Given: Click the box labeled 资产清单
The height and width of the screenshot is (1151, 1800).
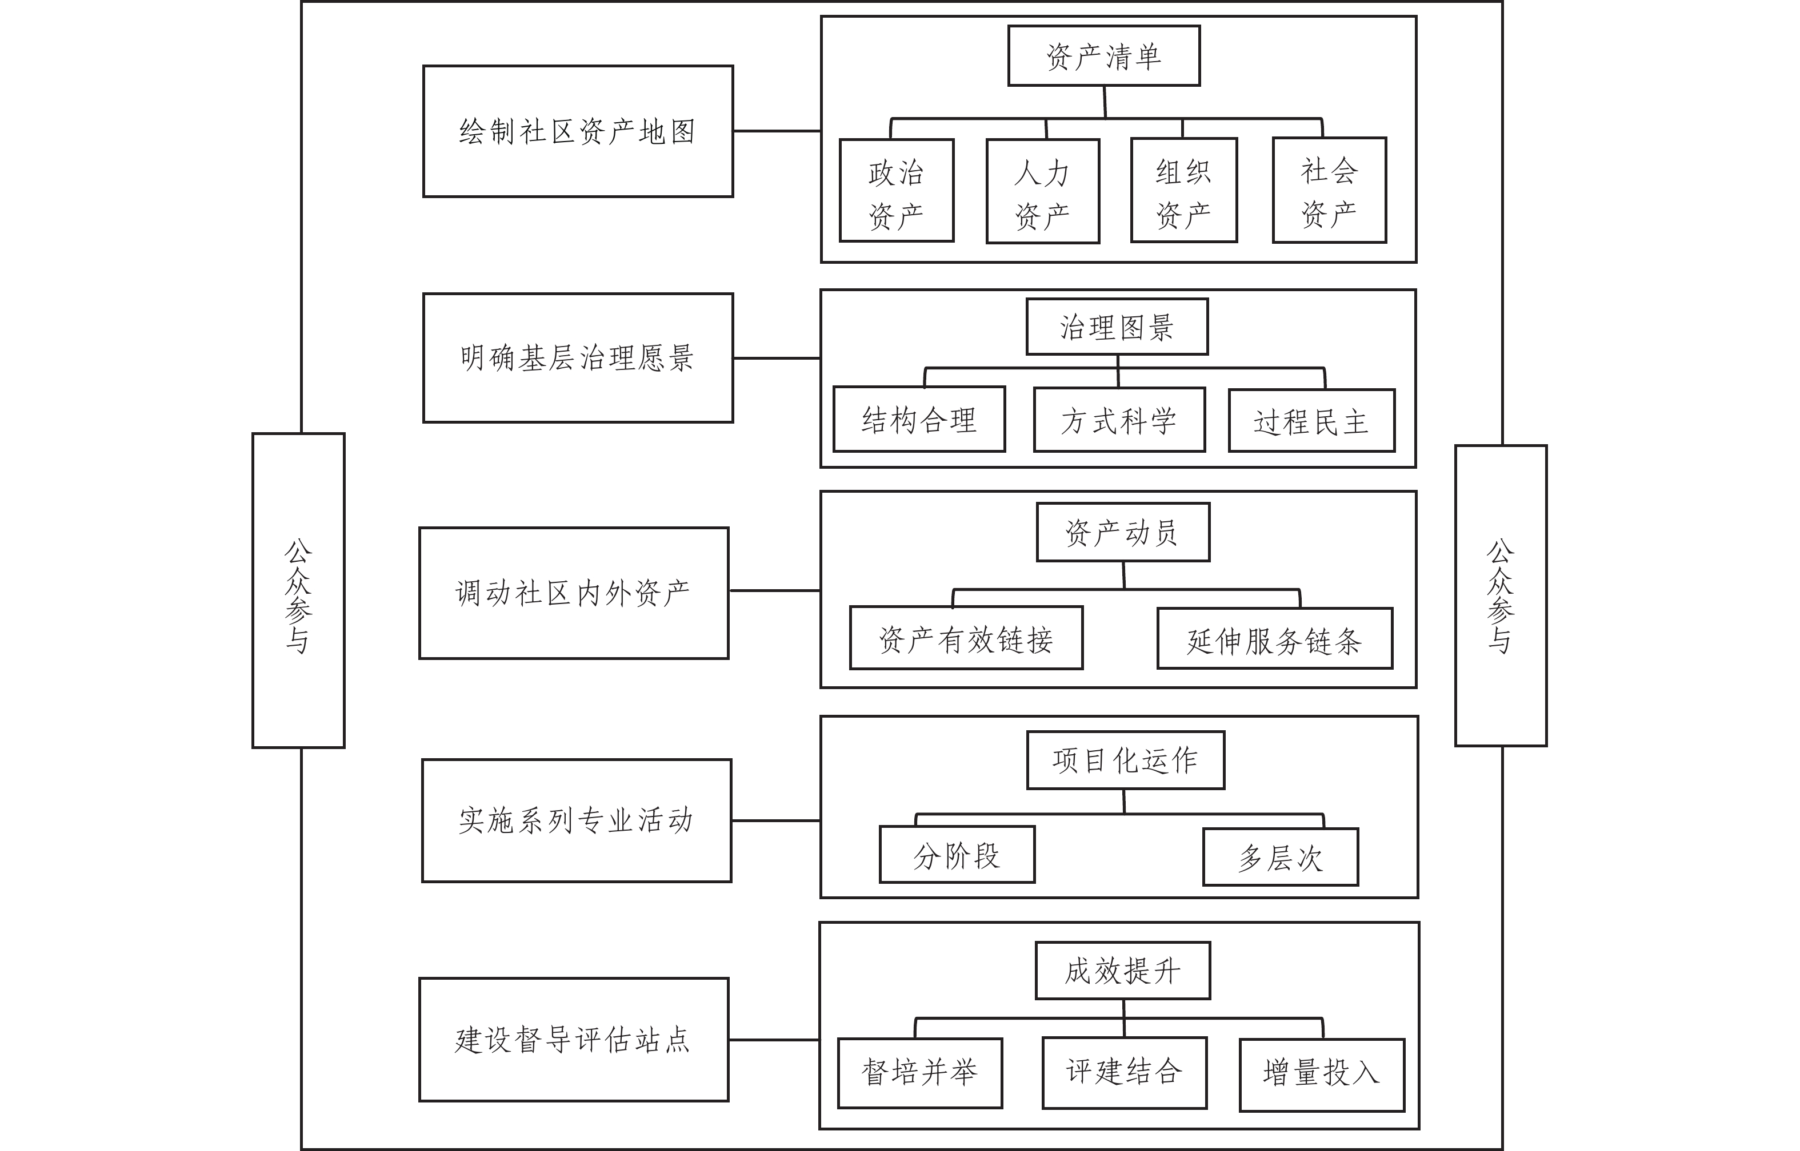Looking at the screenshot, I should (1104, 56).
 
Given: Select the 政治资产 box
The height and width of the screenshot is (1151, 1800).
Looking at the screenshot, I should (897, 191).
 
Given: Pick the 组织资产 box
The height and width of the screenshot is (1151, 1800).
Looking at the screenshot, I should (1184, 190).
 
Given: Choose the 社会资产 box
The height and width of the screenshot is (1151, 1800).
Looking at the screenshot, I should (1329, 190).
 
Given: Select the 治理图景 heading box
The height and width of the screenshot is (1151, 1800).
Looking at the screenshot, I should (1117, 327).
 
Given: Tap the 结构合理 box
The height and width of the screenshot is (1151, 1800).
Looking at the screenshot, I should (919, 419).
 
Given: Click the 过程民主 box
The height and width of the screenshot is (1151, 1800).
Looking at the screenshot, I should (1311, 421).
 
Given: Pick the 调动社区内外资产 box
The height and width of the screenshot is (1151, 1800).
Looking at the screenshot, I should (574, 593).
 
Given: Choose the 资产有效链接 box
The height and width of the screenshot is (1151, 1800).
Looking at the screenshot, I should (966, 638).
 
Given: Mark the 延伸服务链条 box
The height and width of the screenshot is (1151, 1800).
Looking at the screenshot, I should (1274, 639).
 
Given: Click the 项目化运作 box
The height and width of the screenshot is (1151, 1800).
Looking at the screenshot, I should (1126, 760).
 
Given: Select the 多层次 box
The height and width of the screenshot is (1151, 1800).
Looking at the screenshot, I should (1280, 858).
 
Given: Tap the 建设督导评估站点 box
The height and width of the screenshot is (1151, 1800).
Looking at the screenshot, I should (574, 1040).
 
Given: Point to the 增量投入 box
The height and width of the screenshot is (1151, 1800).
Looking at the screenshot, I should (1321, 1074).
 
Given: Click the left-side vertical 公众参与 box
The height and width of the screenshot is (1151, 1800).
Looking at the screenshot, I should (298, 590).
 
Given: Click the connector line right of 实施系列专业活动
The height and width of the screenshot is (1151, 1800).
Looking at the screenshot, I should (775, 820).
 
